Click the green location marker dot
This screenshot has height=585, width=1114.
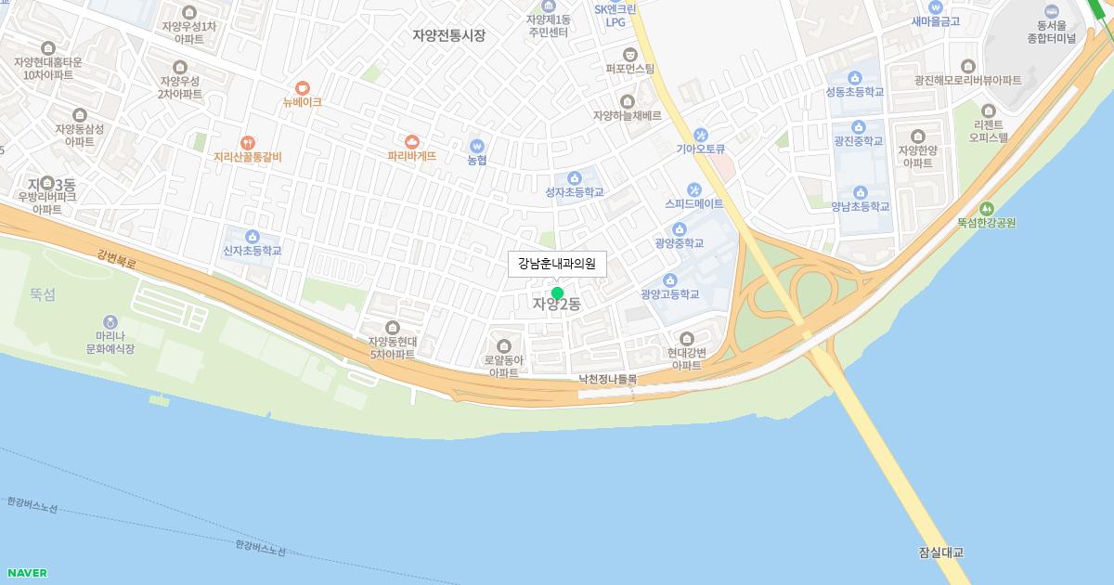[557, 293]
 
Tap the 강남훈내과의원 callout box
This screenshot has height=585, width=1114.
[557, 264]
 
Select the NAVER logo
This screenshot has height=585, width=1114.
[27, 573]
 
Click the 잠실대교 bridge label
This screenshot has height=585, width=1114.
[940, 552]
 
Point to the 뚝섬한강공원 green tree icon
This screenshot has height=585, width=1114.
[986, 209]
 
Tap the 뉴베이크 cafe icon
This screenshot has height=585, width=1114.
[303, 88]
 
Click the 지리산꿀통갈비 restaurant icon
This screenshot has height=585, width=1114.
[247, 143]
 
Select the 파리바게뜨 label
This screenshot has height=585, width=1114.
[412, 157]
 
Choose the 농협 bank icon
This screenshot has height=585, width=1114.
[477, 146]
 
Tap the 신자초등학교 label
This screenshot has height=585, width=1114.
[252, 251]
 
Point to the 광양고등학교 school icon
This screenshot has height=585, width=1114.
[669, 280]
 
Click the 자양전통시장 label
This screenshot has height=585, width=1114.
[449, 35]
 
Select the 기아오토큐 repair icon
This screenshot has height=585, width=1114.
[700, 135]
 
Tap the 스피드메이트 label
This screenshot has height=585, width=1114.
[693, 203]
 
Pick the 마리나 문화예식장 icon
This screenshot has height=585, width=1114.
[110, 321]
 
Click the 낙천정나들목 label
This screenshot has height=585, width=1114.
[608, 379]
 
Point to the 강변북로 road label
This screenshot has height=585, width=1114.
[116, 257]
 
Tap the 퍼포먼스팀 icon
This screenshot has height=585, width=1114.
[630, 54]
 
